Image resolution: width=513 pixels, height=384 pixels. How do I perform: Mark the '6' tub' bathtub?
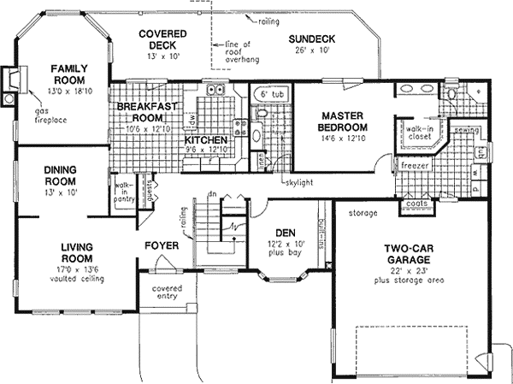[x=271, y=92]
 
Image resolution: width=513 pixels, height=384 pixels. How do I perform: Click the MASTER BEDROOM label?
[x=344, y=121]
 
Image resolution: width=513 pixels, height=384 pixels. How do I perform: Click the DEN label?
[x=285, y=233]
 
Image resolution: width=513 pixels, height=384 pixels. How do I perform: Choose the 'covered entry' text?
[x=168, y=292]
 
